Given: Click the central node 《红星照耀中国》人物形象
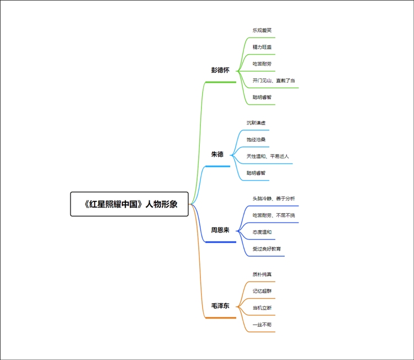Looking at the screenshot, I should tap(130, 204).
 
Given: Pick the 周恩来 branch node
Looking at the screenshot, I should tap(220, 230).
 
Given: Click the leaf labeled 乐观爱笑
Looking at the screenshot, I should tap(262, 30).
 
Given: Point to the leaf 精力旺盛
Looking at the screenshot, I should tap(262, 47).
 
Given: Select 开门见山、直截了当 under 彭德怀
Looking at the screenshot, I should tap(274, 80).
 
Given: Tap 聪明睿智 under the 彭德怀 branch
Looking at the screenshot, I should tap(262, 97).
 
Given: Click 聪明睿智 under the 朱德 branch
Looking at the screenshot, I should tap(256, 173).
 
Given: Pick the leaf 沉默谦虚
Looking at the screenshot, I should tap(256, 123).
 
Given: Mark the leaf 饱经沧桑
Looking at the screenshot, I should tap(256, 140).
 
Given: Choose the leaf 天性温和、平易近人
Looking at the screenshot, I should tap(268, 156).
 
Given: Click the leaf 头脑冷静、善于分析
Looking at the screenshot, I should tap(274, 198).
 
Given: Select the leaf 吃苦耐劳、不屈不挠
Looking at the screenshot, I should tap(274, 215).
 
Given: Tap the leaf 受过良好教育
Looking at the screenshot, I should tap(268, 249).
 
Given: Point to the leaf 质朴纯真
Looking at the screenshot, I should tap(262, 274).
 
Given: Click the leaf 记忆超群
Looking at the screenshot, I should tap(262, 291).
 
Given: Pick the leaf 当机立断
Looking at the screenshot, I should tap(262, 308).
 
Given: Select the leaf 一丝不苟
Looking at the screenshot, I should tap(262, 325).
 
